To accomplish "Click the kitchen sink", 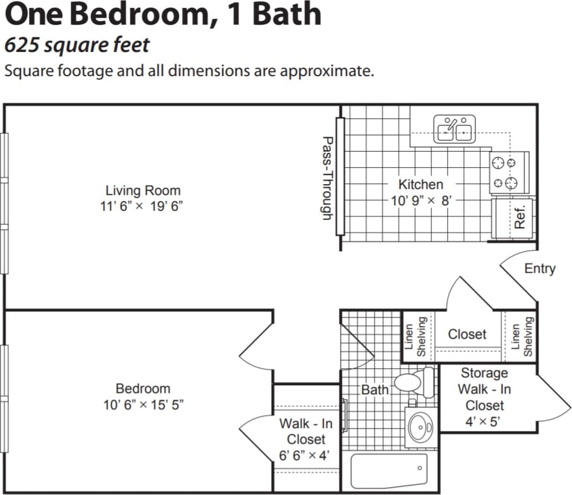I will coord(454,129).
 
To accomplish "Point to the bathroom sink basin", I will coord(420,427).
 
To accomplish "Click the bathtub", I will coord(389,470).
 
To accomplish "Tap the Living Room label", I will coord(143,191).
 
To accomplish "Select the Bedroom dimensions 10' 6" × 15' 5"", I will coord(143,404).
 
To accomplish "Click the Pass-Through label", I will coord(327,177).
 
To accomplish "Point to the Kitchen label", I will coord(420,184).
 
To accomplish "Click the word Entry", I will coord(539,269).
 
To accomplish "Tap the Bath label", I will coord(374,390).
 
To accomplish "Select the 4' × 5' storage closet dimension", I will coord(484,421).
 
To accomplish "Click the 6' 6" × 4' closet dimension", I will coord(306,455).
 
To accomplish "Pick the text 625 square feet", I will coord(77,45).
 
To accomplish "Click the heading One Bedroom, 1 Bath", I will coord(163,15).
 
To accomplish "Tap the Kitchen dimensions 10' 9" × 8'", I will coord(421,200).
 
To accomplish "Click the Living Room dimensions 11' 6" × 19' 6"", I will coord(142,206).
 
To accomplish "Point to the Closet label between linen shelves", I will coord(467,334).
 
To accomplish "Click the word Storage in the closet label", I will coord(484,373).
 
